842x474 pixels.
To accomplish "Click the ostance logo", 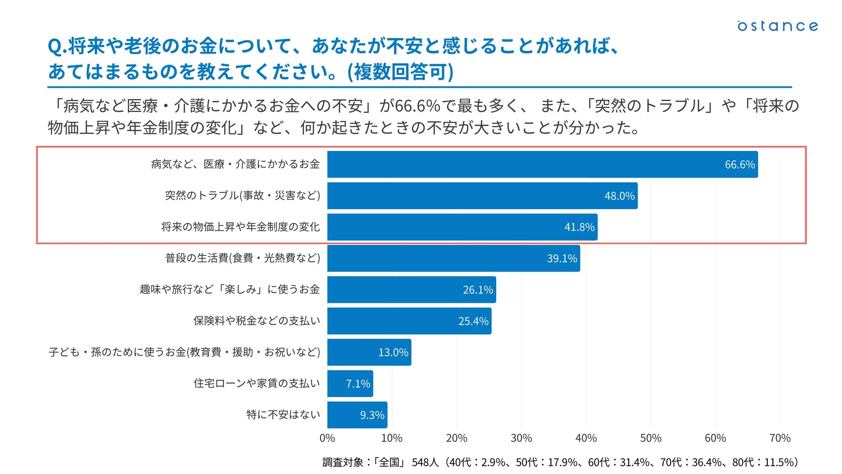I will click(777, 26).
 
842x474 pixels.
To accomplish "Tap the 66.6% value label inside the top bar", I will click(739, 165).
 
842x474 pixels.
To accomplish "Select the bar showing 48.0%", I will click(482, 196).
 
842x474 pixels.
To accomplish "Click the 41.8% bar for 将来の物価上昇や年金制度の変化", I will click(462, 227).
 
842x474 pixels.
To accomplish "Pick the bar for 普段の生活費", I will click(453, 258).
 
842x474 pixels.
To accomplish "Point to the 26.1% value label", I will click(478, 290).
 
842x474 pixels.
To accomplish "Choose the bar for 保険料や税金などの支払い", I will click(409, 321).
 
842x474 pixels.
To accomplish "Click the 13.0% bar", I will click(369, 352).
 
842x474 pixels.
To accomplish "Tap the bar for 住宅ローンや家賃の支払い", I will click(350, 384).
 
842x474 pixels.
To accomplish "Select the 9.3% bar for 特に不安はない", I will click(357, 415).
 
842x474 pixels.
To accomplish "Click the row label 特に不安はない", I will click(283, 415).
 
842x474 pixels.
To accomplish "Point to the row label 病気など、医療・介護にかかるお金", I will click(235, 164).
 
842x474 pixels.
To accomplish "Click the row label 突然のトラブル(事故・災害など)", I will click(242, 196).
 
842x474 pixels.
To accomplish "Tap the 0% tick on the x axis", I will click(327, 438).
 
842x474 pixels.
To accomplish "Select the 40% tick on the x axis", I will click(586, 438).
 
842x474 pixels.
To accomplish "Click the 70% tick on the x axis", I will click(780, 438).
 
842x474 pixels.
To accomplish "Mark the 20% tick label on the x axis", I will click(456, 438).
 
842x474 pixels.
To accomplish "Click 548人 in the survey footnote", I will click(425, 462).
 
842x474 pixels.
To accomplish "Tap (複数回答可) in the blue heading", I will click(400, 72).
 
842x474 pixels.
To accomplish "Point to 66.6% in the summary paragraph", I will click(417, 106).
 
